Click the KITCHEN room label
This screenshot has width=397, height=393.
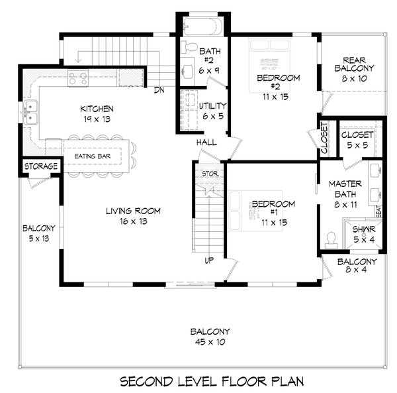97,109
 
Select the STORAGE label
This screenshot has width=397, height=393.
41,166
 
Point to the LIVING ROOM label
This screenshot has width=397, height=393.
133,211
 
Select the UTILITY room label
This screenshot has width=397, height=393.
213,106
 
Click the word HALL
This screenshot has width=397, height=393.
206,143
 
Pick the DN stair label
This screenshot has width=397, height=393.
158,90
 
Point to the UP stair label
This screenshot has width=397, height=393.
208,260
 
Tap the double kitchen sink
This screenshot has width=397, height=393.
30,113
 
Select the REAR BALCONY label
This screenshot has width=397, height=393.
354,63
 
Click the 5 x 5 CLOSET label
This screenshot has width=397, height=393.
357,135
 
